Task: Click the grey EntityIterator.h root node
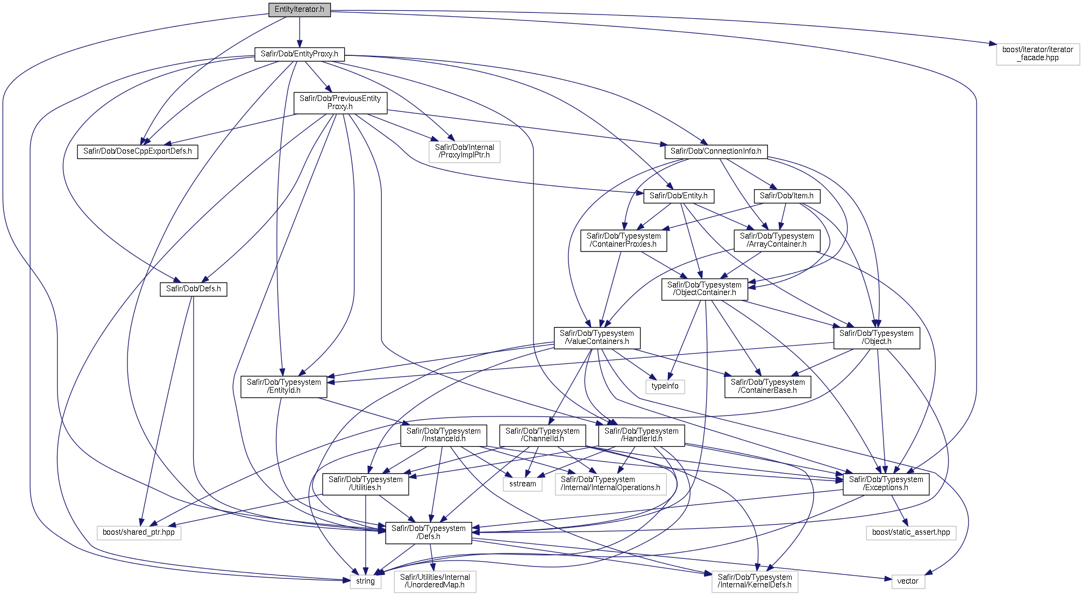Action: coord(300,10)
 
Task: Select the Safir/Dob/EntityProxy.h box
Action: coord(299,54)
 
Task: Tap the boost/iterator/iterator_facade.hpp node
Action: coord(1037,54)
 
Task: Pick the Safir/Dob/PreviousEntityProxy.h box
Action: coord(340,103)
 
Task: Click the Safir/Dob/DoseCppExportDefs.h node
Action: coord(137,152)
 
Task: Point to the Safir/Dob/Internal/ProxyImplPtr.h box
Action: coord(465,152)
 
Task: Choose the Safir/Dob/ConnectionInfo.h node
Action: coord(716,152)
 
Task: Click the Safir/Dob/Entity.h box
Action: coord(679,196)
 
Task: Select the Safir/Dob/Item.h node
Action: coord(787,196)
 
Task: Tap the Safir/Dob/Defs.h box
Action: coord(193,289)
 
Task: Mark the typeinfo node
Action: coord(665,386)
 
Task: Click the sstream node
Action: coord(523,484)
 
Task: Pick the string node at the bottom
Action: coord(365,581)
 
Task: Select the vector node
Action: coord(908,581)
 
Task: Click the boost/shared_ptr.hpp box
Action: coord(139,533)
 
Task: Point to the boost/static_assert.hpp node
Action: coord(911,533)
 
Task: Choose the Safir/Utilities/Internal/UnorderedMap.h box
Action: coord(435,581)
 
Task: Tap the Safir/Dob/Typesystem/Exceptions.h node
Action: coord(886,484)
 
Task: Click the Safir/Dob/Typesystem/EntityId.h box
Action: coord(283,386)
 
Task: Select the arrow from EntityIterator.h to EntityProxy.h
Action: coord(300,32)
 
